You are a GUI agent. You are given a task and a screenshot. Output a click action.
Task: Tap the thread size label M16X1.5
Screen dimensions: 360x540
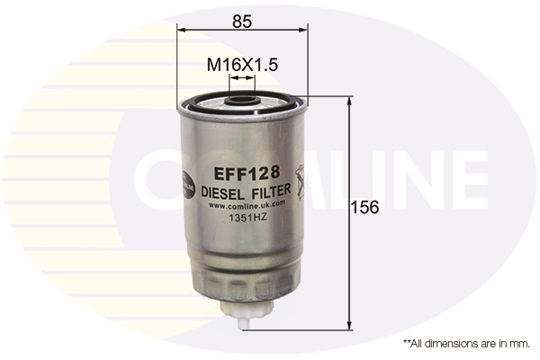coord(242,66)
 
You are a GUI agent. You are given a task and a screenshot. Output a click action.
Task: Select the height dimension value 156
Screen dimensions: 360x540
coord(365,207)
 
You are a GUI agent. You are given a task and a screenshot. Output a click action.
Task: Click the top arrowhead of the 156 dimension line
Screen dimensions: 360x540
coord(349,102)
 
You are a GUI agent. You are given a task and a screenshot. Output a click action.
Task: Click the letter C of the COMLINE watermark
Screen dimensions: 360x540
coord(156,181)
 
